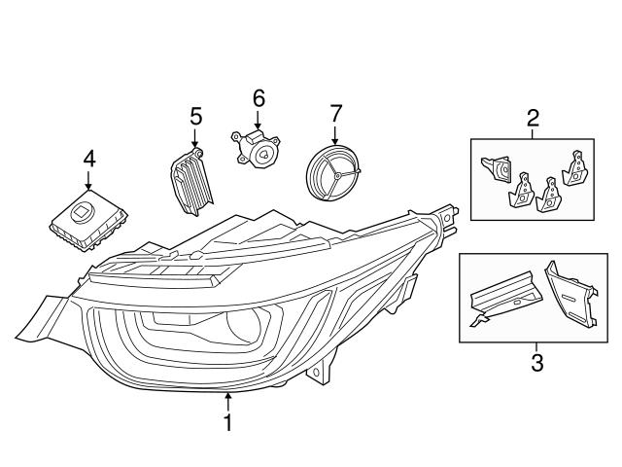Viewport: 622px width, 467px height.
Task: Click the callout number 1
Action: [228, 423]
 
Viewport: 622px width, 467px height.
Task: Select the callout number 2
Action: [533, 120]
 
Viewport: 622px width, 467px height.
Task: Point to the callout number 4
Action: [88, 158]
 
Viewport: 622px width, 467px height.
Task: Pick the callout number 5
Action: [195, 117]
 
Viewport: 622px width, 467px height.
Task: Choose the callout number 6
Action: [259, 98]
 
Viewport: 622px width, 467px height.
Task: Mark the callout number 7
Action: [335, 113]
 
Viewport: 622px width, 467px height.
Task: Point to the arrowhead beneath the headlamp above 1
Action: [228, 396]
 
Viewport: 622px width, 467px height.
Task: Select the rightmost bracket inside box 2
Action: [577, 167]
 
